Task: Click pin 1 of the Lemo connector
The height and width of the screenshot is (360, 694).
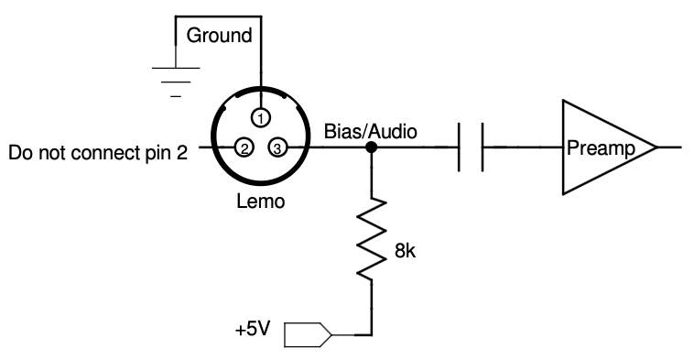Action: click(x=261, y=118)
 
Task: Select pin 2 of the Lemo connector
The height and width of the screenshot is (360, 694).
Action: click(x=244, y=147)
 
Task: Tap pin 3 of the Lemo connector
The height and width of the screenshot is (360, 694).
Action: click(x=277, y=147)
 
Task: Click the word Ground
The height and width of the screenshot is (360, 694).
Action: click(x=219, y=36)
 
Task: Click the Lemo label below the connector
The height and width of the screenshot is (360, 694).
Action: click(x=261, y=202)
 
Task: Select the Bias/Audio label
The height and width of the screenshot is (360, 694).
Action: click(x=371, y=132)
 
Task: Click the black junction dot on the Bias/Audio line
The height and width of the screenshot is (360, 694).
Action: click(x=372, y=147)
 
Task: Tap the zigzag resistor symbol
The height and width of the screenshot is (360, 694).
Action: click(x=372, y=239)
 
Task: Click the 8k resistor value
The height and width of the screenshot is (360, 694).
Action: click(x=405, y=252)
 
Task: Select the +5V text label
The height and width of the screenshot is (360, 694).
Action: click(x=253, y=330)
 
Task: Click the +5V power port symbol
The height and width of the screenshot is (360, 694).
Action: click(x=308, y=334)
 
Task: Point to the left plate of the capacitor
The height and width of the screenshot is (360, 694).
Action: click(x=459, y=147)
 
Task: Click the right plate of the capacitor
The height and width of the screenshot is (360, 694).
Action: click(x=482, y=147)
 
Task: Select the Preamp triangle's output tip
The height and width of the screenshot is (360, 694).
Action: click(x=656, y=147)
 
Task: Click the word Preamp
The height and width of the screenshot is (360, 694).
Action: click(x=601, y=147)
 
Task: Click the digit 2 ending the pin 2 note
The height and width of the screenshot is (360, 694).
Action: click(x=182, y=153)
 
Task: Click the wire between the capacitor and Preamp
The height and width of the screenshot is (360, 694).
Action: click(x=523, y=147)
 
